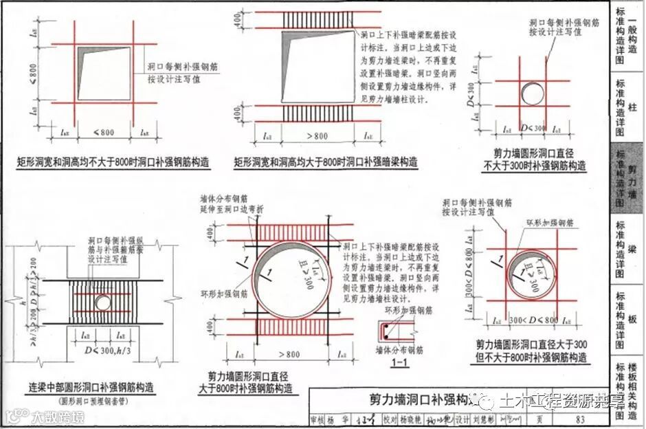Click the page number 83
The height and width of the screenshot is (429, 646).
coord(581,419)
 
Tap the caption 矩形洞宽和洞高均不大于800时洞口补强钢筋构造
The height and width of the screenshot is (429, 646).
coord(113,163)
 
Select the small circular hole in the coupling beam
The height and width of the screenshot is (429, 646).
coord(102,302)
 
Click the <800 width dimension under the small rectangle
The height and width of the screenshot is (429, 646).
coord(103,132)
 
